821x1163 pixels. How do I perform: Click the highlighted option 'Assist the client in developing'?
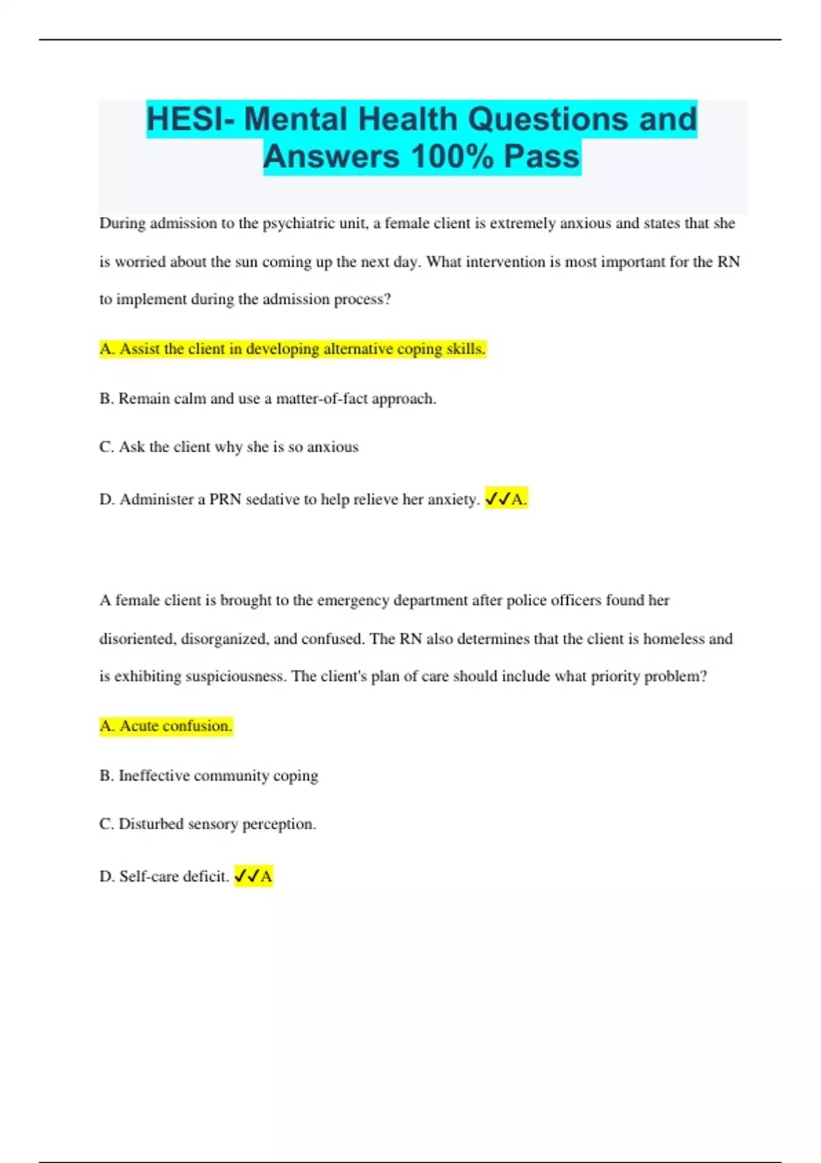tap(292, 349)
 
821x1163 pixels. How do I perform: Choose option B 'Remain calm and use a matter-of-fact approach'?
tap(268, 398)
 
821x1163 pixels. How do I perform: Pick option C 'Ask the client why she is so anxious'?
tap(229, 447)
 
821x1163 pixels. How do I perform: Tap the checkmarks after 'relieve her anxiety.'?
tap(498, 499)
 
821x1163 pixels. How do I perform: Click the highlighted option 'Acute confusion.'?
tap(166, 726)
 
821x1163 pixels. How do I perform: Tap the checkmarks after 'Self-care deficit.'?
tap(247, 876)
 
